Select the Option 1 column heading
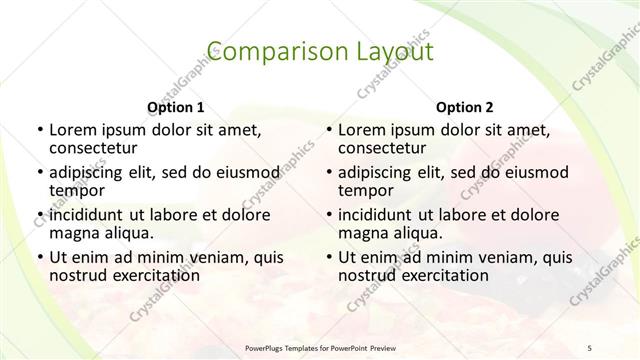176,107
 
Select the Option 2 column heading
465,107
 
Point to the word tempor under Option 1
74,191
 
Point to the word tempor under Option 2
363,191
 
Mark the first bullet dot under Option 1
39,130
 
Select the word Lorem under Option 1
72,129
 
